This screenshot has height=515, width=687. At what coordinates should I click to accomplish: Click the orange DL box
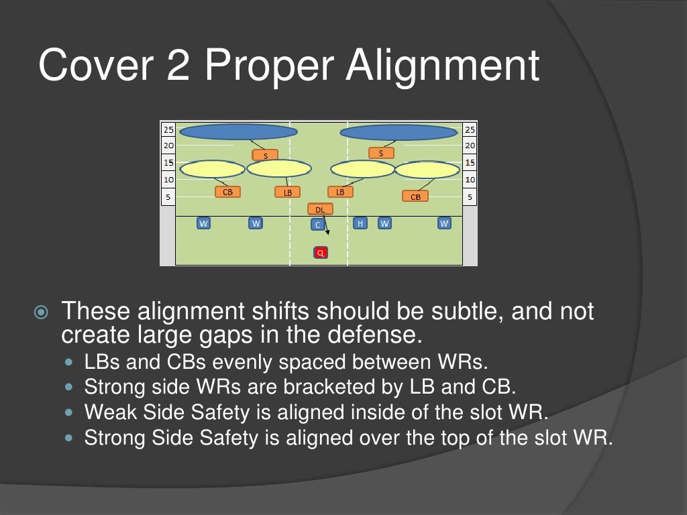click(x=320, y=209)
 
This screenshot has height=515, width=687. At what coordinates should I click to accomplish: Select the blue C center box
click(x=317, y=225)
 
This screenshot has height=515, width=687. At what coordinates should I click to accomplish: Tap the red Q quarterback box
click(x=321, y=253)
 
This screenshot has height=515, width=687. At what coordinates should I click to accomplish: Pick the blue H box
click(x=360, y=223)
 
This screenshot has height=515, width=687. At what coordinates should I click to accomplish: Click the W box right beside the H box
click(x=384, y=223)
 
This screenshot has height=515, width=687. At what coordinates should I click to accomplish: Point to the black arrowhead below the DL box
click(x=327, y=232)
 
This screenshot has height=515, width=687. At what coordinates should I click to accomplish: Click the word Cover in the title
click(x=96, y=65)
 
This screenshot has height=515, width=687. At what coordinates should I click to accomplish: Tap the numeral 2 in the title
click(x=178, y=65)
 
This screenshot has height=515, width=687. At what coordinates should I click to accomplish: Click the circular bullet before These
click(x=41, y=312)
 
